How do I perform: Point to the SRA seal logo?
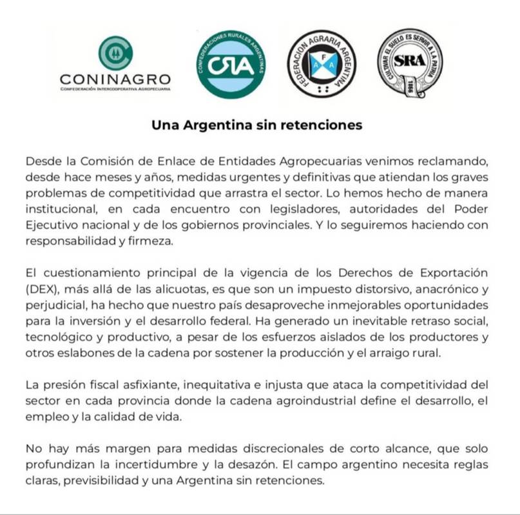tap(409, 63)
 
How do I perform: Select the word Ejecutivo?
tap(53, 227)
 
